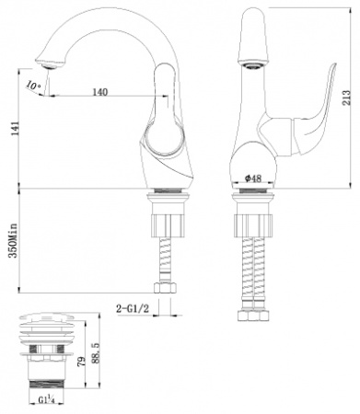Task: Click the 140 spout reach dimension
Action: (102, 93)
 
